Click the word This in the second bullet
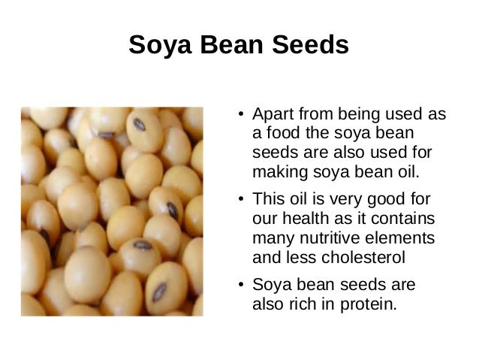point(268,201)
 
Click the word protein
point(363,305)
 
